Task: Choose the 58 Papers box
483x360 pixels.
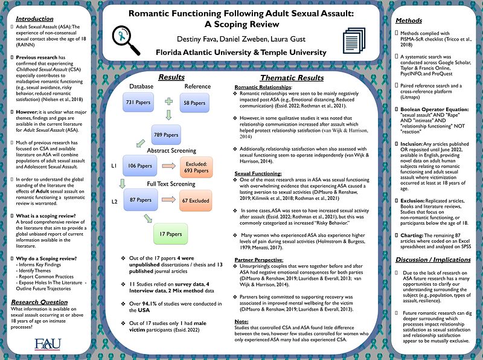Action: [x=194, y=103]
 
